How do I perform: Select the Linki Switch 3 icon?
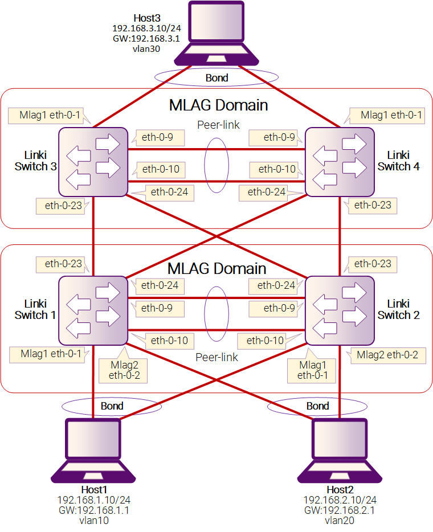click(93, 162)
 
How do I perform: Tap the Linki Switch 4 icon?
click(340, 162)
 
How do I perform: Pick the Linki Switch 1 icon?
click(93, 310)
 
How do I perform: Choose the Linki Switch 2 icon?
click(340, 310)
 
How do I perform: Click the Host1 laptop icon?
click(93, 451)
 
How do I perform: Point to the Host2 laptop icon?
click(340, 451)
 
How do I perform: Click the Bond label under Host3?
click(217, 77)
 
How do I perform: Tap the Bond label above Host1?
click(112, 406)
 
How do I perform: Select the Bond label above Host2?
click(317, 406)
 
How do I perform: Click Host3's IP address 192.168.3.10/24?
click(146, 28)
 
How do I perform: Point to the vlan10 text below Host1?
click(94, 521)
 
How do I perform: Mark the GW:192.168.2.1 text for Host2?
click(340, 510)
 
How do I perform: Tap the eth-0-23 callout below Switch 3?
click(62, 206)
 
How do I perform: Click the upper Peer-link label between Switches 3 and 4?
click(218, 125)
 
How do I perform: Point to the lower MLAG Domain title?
click(217, 269)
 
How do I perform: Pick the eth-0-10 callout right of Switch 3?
click(160, 169)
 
